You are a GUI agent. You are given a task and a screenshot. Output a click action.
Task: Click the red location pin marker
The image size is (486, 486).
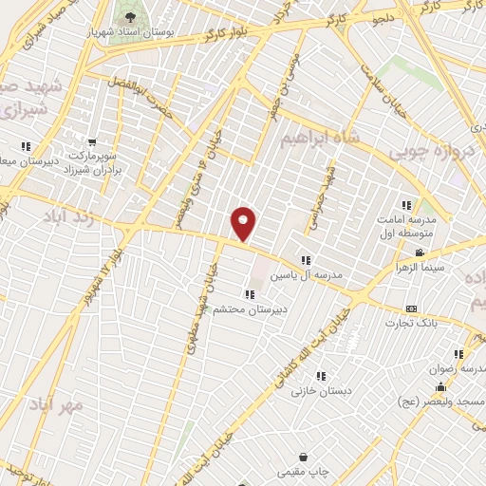coord(244,223)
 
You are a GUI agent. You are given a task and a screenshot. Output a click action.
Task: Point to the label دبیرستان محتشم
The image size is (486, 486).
coord(250,309)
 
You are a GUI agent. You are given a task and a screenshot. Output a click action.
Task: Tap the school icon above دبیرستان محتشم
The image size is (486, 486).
coord(249,293)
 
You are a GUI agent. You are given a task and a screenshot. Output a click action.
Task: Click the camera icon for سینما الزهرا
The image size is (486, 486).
coord(420,252)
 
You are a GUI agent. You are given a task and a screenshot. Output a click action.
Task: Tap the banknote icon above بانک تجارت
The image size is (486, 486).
coord(411,308)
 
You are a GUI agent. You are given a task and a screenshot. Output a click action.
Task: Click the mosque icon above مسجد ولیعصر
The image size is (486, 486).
coord(440,387)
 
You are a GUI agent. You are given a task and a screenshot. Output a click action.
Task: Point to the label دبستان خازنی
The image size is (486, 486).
coord(322,389)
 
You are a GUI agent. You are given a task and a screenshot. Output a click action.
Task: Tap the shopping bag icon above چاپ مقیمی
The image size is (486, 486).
coord(303,456)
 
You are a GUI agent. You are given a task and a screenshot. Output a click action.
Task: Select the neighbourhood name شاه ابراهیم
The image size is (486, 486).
coord(322,139)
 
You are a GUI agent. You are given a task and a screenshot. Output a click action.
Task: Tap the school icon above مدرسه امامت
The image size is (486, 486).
coord(407,204)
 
